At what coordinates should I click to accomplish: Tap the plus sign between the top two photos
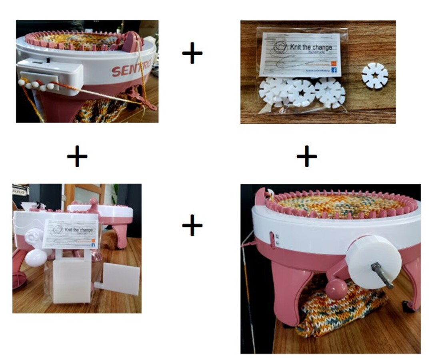(192, 53)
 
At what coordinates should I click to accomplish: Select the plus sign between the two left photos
(77, 156)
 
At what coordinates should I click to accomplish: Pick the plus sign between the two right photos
(307, 156)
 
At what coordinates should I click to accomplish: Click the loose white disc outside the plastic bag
(375, 75)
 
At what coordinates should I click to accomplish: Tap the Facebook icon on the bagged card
(334, 70)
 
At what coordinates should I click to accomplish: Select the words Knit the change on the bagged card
(314, 48)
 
